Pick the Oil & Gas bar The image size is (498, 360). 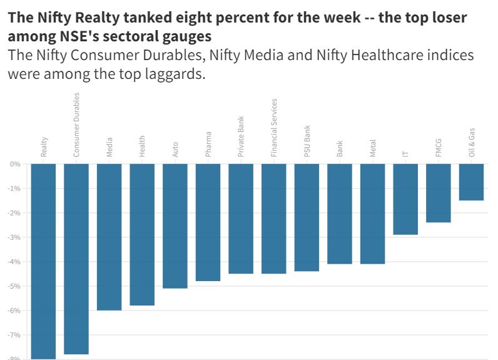471,182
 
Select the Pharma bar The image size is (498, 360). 208,222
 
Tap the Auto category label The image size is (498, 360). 175,148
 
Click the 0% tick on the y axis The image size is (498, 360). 15,164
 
